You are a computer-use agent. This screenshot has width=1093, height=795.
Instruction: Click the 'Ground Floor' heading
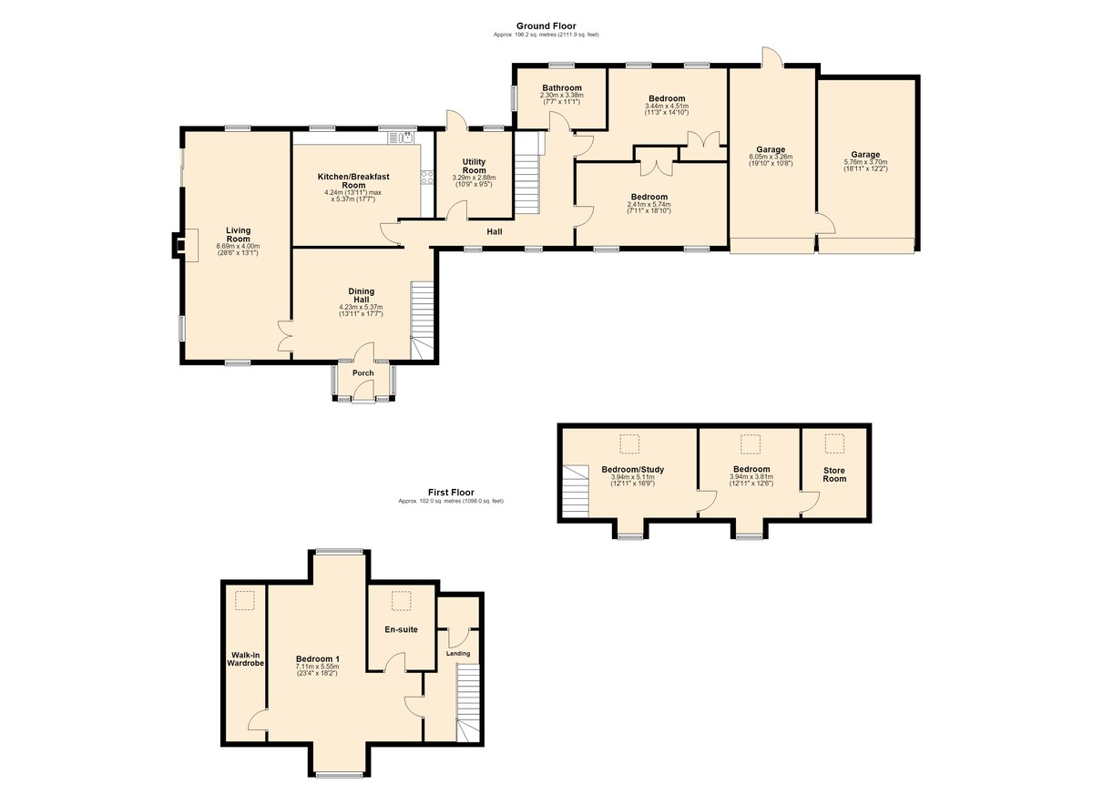pos(546,25)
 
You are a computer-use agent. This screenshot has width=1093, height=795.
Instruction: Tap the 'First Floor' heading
pos(451,493)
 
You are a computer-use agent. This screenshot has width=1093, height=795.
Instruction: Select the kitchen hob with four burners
pos(427,177)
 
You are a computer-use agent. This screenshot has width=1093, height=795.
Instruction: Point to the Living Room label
pos(238,234)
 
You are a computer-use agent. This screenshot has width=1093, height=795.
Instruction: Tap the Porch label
pos(363,373)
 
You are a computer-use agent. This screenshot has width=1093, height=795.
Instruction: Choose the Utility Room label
pos(474,166)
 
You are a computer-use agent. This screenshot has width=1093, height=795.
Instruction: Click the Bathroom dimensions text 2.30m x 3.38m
pos(562,96)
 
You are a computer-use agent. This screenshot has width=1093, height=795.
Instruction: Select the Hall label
pos(495,231)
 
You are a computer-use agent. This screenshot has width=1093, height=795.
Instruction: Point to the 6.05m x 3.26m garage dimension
pos(771,157)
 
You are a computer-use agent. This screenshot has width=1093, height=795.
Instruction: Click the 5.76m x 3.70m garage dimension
pos(865,162)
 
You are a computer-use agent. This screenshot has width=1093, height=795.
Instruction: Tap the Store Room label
pos(834,474)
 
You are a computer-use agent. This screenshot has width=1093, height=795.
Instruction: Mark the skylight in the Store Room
pos(834,443)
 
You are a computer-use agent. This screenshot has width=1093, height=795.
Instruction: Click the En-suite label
pos(401,629)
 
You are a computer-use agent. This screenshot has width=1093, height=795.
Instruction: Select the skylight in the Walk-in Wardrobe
pos(245,600)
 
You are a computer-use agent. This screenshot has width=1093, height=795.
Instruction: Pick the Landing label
pos(458,654)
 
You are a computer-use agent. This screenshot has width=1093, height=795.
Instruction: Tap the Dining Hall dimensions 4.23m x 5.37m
pos(361,307)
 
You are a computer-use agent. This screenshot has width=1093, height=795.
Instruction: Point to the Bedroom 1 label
pos(317,659)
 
